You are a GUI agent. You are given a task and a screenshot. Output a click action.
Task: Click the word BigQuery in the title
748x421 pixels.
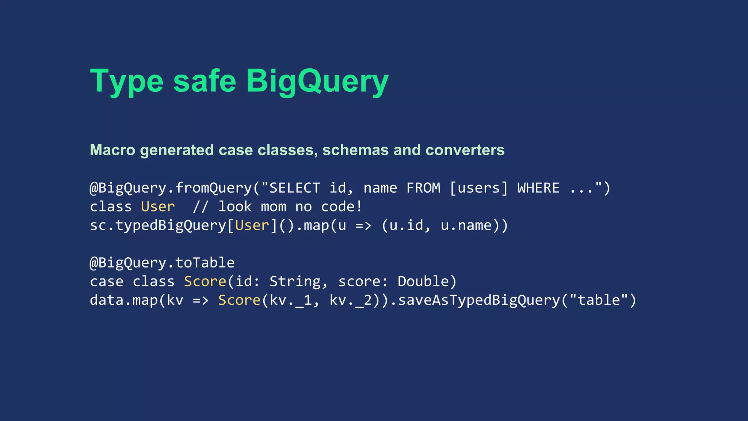click(x=317, y=81)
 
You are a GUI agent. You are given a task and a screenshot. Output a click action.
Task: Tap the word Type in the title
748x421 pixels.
click(x=126, y=81)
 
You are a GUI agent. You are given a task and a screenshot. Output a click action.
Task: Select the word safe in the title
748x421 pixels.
click(x=205, y=81)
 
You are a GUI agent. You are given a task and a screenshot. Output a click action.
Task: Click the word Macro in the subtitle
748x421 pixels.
click(x=112, y=150)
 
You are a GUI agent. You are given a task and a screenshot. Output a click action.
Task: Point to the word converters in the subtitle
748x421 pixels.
click(x=465, y=150)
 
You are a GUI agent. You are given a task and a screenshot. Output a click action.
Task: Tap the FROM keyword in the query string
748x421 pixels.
click(x=423, y=188)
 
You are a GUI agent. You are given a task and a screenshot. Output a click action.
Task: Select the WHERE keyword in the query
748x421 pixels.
click(x=538, y=188)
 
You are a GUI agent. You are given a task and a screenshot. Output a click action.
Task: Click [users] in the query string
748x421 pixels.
click(x=478, y=188)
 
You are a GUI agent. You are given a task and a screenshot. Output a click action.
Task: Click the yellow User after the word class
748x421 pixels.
click(x=158, y=206)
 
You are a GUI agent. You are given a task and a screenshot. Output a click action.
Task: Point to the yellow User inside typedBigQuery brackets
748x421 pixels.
click(x=252, y=225)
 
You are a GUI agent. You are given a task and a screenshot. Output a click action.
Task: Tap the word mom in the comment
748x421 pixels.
click(x=273, y=206)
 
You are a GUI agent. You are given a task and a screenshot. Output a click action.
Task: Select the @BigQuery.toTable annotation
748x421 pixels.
click(x=162, y=262)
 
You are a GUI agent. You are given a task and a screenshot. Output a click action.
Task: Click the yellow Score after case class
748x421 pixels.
click(x=205, y=281)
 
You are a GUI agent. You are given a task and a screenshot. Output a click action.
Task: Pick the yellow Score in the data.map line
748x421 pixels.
click(x=239, y=300)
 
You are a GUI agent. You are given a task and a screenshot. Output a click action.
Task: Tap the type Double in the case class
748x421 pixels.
click(x=423, y=281)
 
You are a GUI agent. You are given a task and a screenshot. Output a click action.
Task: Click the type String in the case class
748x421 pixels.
click(x=295, y=281)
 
